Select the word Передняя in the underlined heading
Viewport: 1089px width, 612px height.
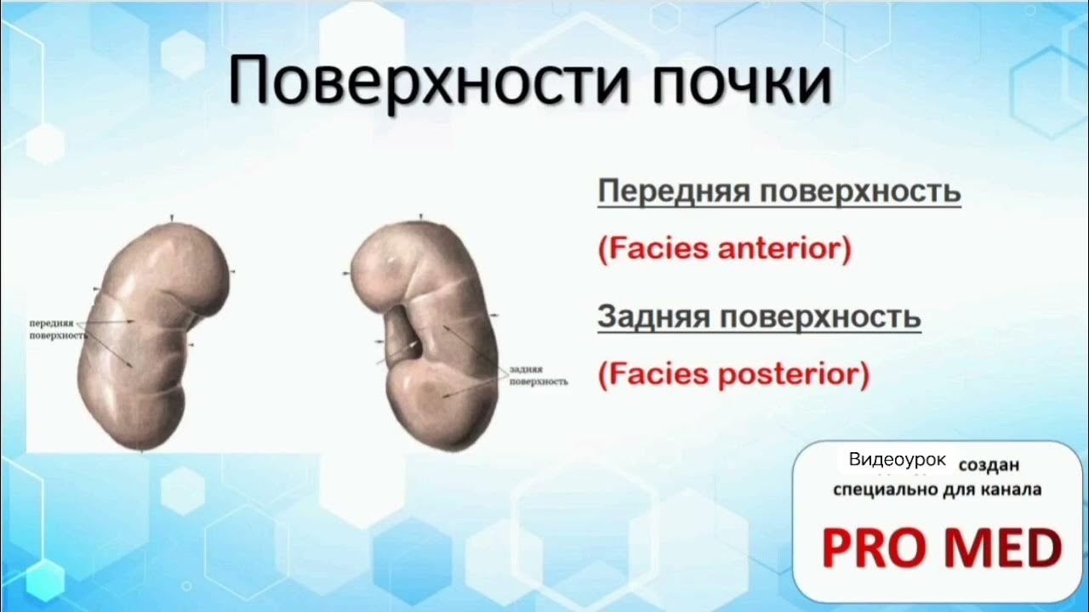[671, 192]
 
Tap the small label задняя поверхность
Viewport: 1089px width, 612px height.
[538, 377]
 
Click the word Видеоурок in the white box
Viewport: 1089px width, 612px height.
[897, 460]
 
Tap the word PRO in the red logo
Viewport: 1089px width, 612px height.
[877, 547]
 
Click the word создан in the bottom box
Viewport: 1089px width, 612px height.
[989, 466]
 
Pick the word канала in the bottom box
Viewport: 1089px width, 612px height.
[1012, 490]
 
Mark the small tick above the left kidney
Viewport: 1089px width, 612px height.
[173, 218]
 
